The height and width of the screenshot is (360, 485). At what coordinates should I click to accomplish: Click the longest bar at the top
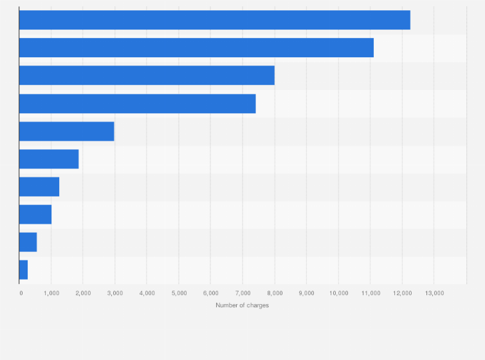[214, 20]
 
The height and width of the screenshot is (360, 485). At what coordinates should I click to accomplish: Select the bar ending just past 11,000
[196, 48]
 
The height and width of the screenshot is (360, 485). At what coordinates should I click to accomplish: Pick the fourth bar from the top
[137, 104]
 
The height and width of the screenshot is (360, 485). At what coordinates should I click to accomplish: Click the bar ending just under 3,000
[66, 131]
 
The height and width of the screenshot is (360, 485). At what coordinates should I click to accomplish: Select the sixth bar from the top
[49, 159]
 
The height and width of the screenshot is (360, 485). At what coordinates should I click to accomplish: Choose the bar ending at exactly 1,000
[35, 214]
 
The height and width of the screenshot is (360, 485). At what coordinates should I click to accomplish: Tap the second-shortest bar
[28, 242]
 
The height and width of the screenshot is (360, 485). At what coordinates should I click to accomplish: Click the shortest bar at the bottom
[23, 269]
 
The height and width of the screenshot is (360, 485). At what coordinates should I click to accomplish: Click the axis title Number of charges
[243, 305]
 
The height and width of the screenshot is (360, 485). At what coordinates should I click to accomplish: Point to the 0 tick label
[21, 293]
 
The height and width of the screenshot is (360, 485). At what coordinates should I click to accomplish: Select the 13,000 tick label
[434, 293]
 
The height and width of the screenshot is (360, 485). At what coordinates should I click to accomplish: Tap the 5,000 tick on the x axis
[179, 293]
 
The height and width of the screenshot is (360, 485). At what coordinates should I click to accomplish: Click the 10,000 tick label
[338, 293]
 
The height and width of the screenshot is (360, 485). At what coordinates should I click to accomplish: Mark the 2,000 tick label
[83, 293]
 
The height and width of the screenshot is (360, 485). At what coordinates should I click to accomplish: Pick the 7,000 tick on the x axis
[243, 293]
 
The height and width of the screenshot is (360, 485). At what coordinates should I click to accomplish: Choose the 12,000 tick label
[402, 293]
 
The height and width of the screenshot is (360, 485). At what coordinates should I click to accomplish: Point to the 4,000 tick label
[147, 293]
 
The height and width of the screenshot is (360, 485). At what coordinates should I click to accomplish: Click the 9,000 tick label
[306, 293]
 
